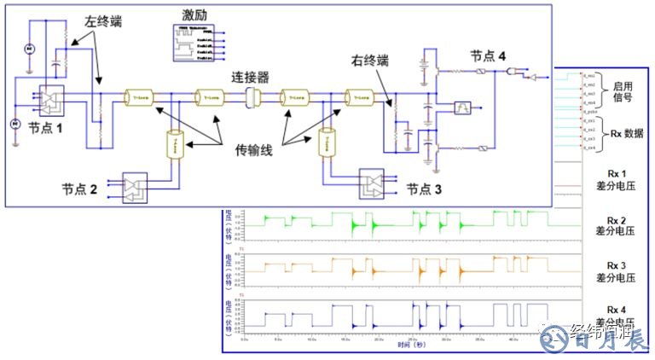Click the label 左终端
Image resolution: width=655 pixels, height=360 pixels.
tap(103, 21)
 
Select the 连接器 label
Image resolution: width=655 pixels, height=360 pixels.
tap(251, 77)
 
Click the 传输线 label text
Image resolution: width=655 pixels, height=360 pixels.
tap(255, 150)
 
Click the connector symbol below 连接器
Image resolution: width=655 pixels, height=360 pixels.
tap(252, 97)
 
